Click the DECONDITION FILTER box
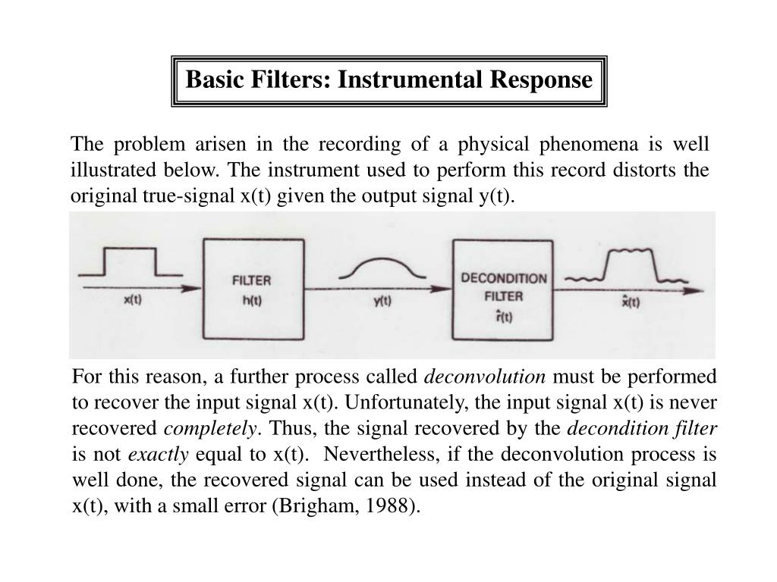click(503, 289)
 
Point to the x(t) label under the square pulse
click(132, 299)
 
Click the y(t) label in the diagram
click(382, 300)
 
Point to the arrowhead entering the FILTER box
click(195, 287)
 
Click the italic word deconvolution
click(485, 377)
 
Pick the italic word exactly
click(159, 455)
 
